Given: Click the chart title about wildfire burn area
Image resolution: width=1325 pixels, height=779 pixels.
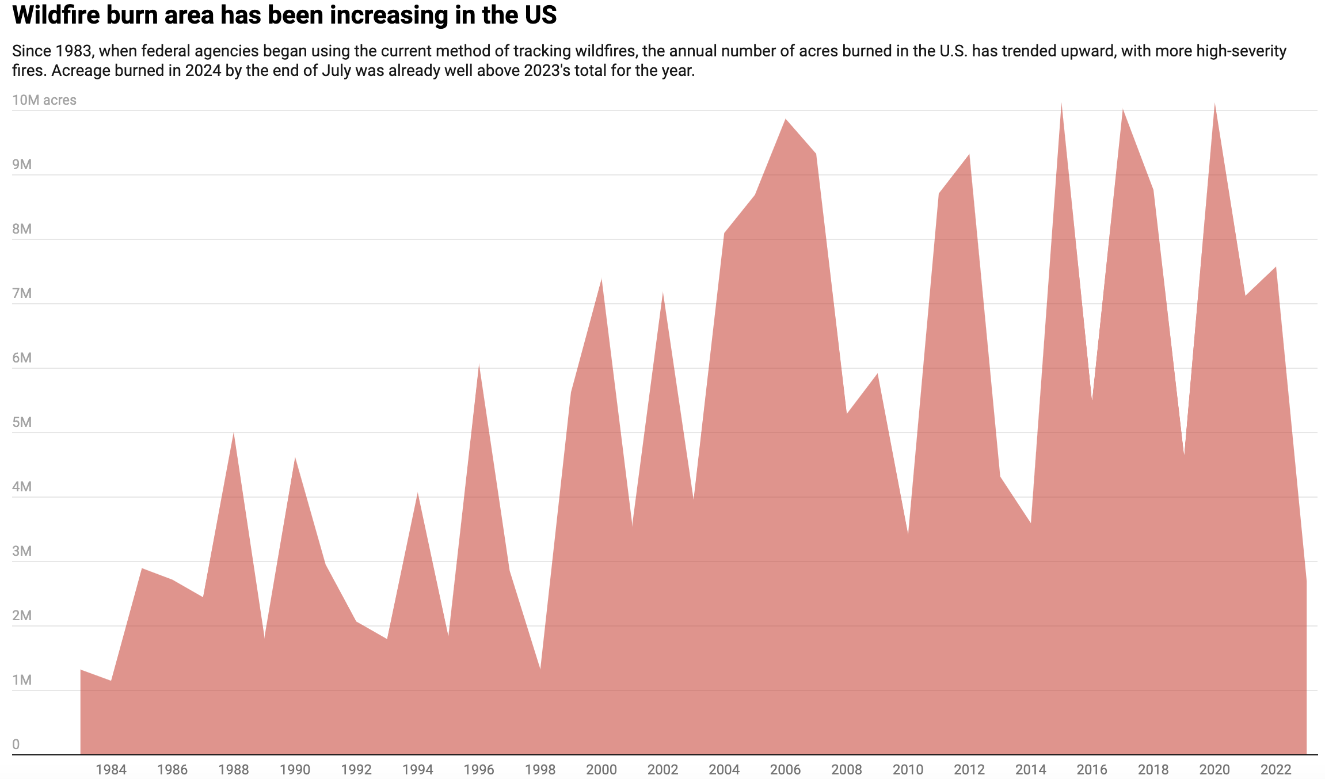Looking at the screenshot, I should (x=284, y=16).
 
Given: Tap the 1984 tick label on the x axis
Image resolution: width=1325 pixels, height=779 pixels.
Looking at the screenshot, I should (x=111, y=769).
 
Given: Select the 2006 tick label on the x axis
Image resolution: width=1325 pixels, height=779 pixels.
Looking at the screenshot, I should (x=785, y=769).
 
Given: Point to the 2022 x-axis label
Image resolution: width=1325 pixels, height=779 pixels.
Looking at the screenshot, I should (x=1275, y=769).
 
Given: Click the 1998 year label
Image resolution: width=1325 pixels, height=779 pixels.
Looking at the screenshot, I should (x=540, y=769).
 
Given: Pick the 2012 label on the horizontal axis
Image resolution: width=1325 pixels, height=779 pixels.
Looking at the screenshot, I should (x=969, y=769).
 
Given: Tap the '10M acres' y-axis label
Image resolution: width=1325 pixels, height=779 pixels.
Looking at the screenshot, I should (x=44, y=100).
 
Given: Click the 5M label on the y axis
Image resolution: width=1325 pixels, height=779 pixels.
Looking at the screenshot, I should (x=22, y=422).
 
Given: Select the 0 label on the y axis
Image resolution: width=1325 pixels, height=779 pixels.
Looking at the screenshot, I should (x=16, y=744).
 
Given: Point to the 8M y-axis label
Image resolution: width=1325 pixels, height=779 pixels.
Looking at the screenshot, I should (x=22, y=229).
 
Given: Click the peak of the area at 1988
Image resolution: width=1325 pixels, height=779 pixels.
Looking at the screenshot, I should (x=233, y=433).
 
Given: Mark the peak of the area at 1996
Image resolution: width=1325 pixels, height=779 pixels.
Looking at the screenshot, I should (x=479, y=364).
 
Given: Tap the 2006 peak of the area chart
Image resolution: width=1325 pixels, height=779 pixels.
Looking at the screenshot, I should (x=785, y=119).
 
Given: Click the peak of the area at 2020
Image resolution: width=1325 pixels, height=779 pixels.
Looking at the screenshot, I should (x=1214, y=103).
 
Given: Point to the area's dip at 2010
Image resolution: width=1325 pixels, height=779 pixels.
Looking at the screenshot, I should (x=908, y=534).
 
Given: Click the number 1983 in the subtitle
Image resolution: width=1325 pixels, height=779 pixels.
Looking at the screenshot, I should (x=74, y=51).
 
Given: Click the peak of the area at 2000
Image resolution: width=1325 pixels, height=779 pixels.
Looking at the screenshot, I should (x=601, y=278).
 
